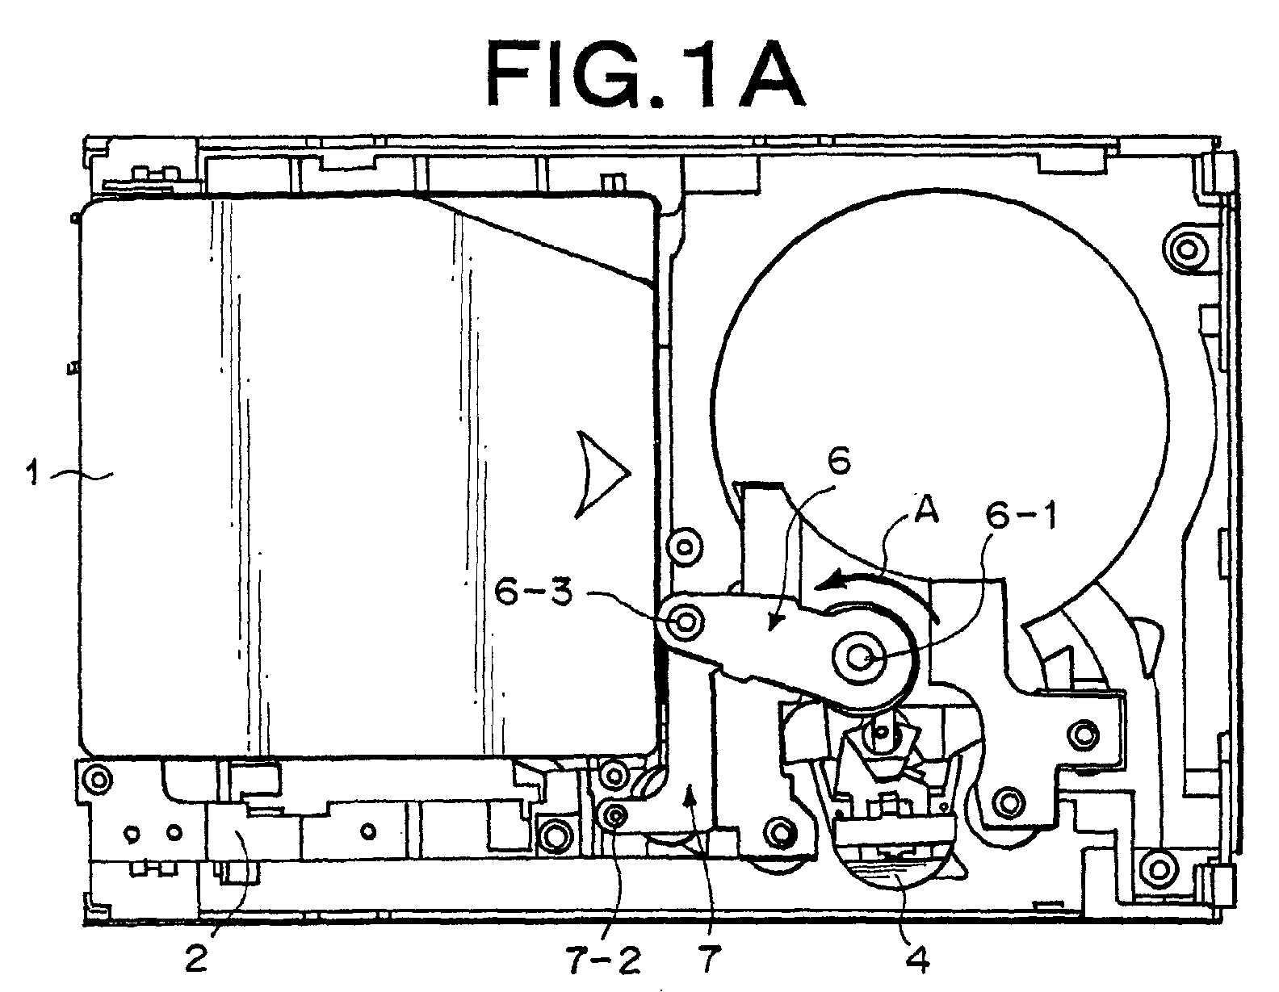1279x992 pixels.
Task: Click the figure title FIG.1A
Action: click(646, 76)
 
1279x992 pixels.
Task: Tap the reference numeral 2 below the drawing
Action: click(195, 960)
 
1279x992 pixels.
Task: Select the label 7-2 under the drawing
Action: click(604, 960)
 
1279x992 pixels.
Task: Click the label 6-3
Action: click(533, 592)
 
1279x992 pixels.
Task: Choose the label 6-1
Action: click(1021, 516)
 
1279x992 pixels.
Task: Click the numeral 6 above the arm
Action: click(839, 461)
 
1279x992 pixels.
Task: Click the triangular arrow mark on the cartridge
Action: click(602, 475)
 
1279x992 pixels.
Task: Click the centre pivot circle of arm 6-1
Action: click(860, 659)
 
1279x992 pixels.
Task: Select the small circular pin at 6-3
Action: click(685, 621)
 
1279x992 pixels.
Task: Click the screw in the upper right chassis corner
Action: click(1187, 249)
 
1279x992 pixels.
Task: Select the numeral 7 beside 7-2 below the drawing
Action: click(710, 960)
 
